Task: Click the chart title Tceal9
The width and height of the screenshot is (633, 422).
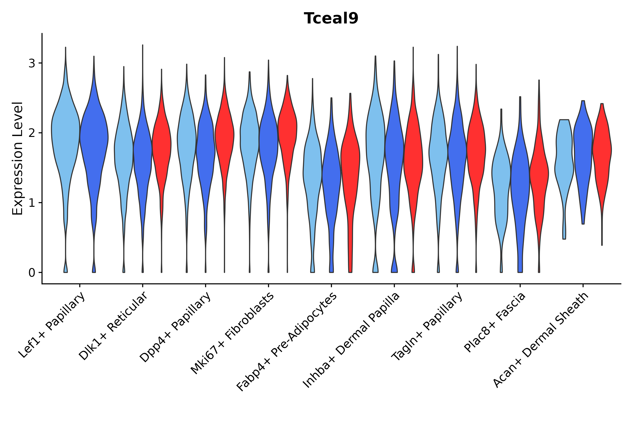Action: coord(331,19)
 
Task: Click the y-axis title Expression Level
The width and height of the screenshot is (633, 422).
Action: coord(18,158)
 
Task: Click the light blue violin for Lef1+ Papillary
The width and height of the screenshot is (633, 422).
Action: coord(65,135)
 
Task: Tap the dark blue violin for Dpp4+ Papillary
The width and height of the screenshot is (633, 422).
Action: coord(206,151)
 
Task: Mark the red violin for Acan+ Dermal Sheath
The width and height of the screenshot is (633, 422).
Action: coord(602,151)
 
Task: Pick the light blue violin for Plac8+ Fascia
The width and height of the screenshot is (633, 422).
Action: coord(501,175)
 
